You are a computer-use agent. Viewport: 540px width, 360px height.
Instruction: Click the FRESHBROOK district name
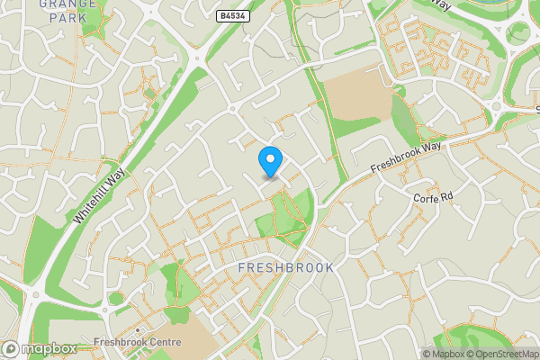(x=286, y=268)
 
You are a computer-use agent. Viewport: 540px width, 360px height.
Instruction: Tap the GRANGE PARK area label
(x=67, y=10)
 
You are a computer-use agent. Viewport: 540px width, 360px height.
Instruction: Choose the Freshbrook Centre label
(x=137, y=343)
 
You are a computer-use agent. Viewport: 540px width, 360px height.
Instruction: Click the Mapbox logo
(x=40, y=348)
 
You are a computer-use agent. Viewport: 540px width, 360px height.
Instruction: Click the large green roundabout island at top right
(x=518, y=32)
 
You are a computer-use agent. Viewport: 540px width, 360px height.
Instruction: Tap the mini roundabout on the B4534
(x=232, y=109)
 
